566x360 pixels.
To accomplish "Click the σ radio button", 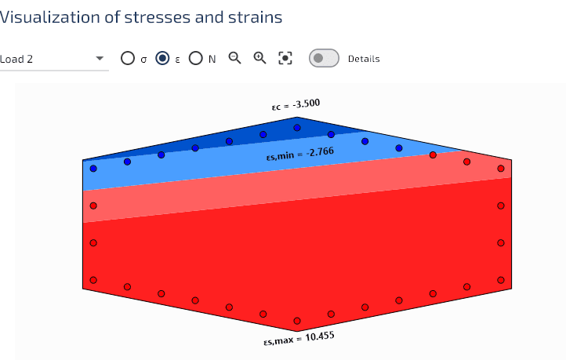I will click(x=128, y=58).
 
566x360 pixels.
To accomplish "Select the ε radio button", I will click(x=162, y=58).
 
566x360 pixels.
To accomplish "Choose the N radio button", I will click(x=195, y=58).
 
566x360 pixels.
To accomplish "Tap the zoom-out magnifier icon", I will click(x=234, y=57).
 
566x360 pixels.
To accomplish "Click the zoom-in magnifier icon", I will click(x=259, y=57).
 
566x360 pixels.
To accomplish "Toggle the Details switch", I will click(x=324, y=58).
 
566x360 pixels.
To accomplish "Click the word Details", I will click(x=364, y=59).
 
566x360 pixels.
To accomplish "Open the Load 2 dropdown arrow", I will click(x=100, y=59).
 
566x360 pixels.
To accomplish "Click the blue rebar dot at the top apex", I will click(x=297, y=128).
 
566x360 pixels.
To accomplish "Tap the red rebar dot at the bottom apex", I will click(x=297, y=321).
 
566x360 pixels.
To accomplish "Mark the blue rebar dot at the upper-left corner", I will click(x=93, y=169).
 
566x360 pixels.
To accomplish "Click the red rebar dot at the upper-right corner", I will click(x=501, y=169).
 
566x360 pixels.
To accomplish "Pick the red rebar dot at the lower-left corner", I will click(x=93, y=280).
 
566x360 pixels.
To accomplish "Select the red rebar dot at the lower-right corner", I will click(x=501, y=280).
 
